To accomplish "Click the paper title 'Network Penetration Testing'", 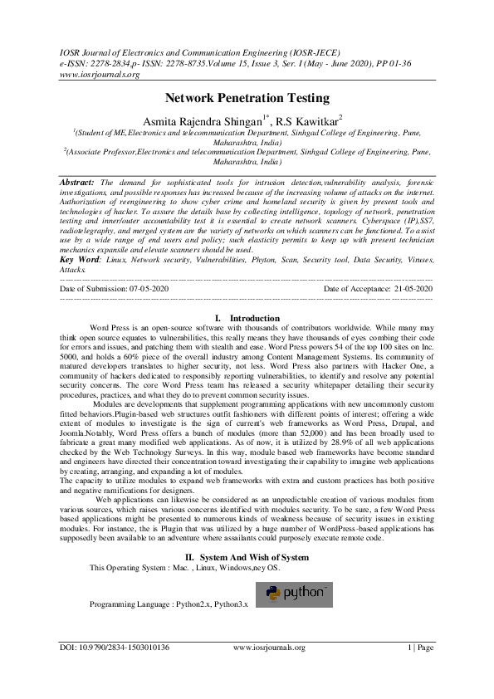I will coord(247,98).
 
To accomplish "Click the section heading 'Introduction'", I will coord(254,318).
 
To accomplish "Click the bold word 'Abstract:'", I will coord(77,181).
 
